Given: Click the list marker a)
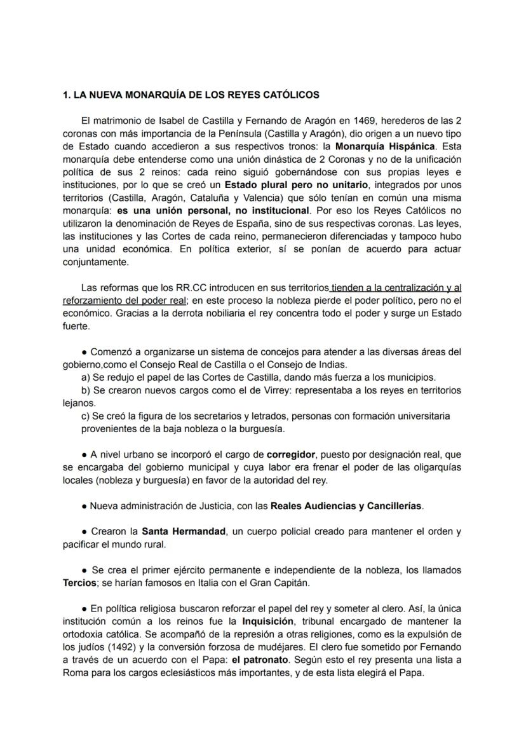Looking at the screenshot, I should pos(86,377).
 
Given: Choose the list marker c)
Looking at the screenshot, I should pos(86,416).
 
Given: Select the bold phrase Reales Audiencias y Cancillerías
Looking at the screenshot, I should pos(346,506).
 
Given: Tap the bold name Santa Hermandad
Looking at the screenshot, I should pos(184,531).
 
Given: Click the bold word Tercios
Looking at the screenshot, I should pos(79,583).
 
